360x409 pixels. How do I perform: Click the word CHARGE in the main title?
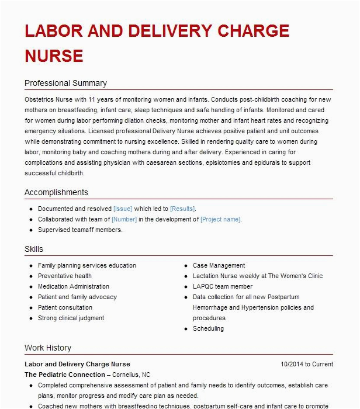pyautogui.click(x=248, y=31)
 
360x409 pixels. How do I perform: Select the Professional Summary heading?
pyautogui.click(x=65, y=83)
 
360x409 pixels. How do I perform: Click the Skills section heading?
pyautogui.click(x=34, y=249)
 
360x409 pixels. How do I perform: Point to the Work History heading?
pyautogui.click(x=48, y=348)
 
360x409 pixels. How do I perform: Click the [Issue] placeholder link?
pyautogui.click(x=123, y=209)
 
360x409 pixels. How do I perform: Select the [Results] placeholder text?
pyautogui.click(x=182, y=209)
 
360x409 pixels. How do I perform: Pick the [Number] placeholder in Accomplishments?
pyautogui.click(x=124, y=219)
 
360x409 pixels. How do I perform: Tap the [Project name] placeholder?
pyautogui.click(x=220, y=219)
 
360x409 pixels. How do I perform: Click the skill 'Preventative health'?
pyautogui.click(x=65, y=276)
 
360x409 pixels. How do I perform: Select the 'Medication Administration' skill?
pyautogui.click(x=74, y=286)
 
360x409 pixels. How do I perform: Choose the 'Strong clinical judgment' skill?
pyautogui.click(x=71, y=318)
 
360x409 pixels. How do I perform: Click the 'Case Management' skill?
pyautogui.click(x=219, y=265)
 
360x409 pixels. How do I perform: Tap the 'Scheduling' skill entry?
pyautogui.click(x=209, y=328)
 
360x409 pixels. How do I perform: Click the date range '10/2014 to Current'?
pyautogui.click(x=307, y=364)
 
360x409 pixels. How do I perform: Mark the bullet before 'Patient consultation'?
pyautogui.click(x=30, y=308)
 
